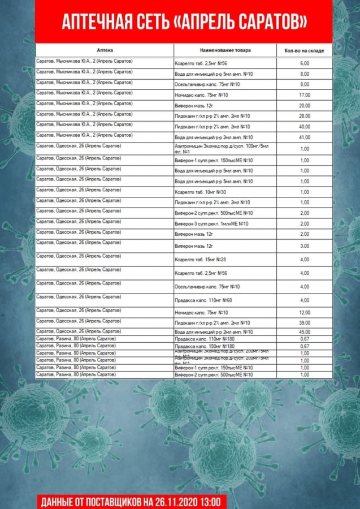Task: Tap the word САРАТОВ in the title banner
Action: pyautogui.click(x=269, y=21)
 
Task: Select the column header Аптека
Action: pyautogui.click(x=105, y=50)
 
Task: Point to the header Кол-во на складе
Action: pyautogui.click(x=304, y=51)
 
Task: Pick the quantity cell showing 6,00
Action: pyautogui.click(x=305, y=63)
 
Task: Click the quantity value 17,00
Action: pyautogui.click(x=305, y=95)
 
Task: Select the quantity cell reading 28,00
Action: pyautogui.click(x=305, y=116)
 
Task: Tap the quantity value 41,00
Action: pyautogui.click(x=305, y=137)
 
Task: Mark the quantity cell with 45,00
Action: pyautogui.click(x=305, y=331)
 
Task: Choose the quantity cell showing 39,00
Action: pyautogui.click(x=305, y=322)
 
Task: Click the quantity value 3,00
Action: pyautogui.click(x=305, y=246)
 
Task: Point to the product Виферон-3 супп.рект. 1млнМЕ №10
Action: pyautogui.click(x=212, y=224)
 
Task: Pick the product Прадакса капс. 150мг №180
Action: pyautogui.click(x=205, y=346)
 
